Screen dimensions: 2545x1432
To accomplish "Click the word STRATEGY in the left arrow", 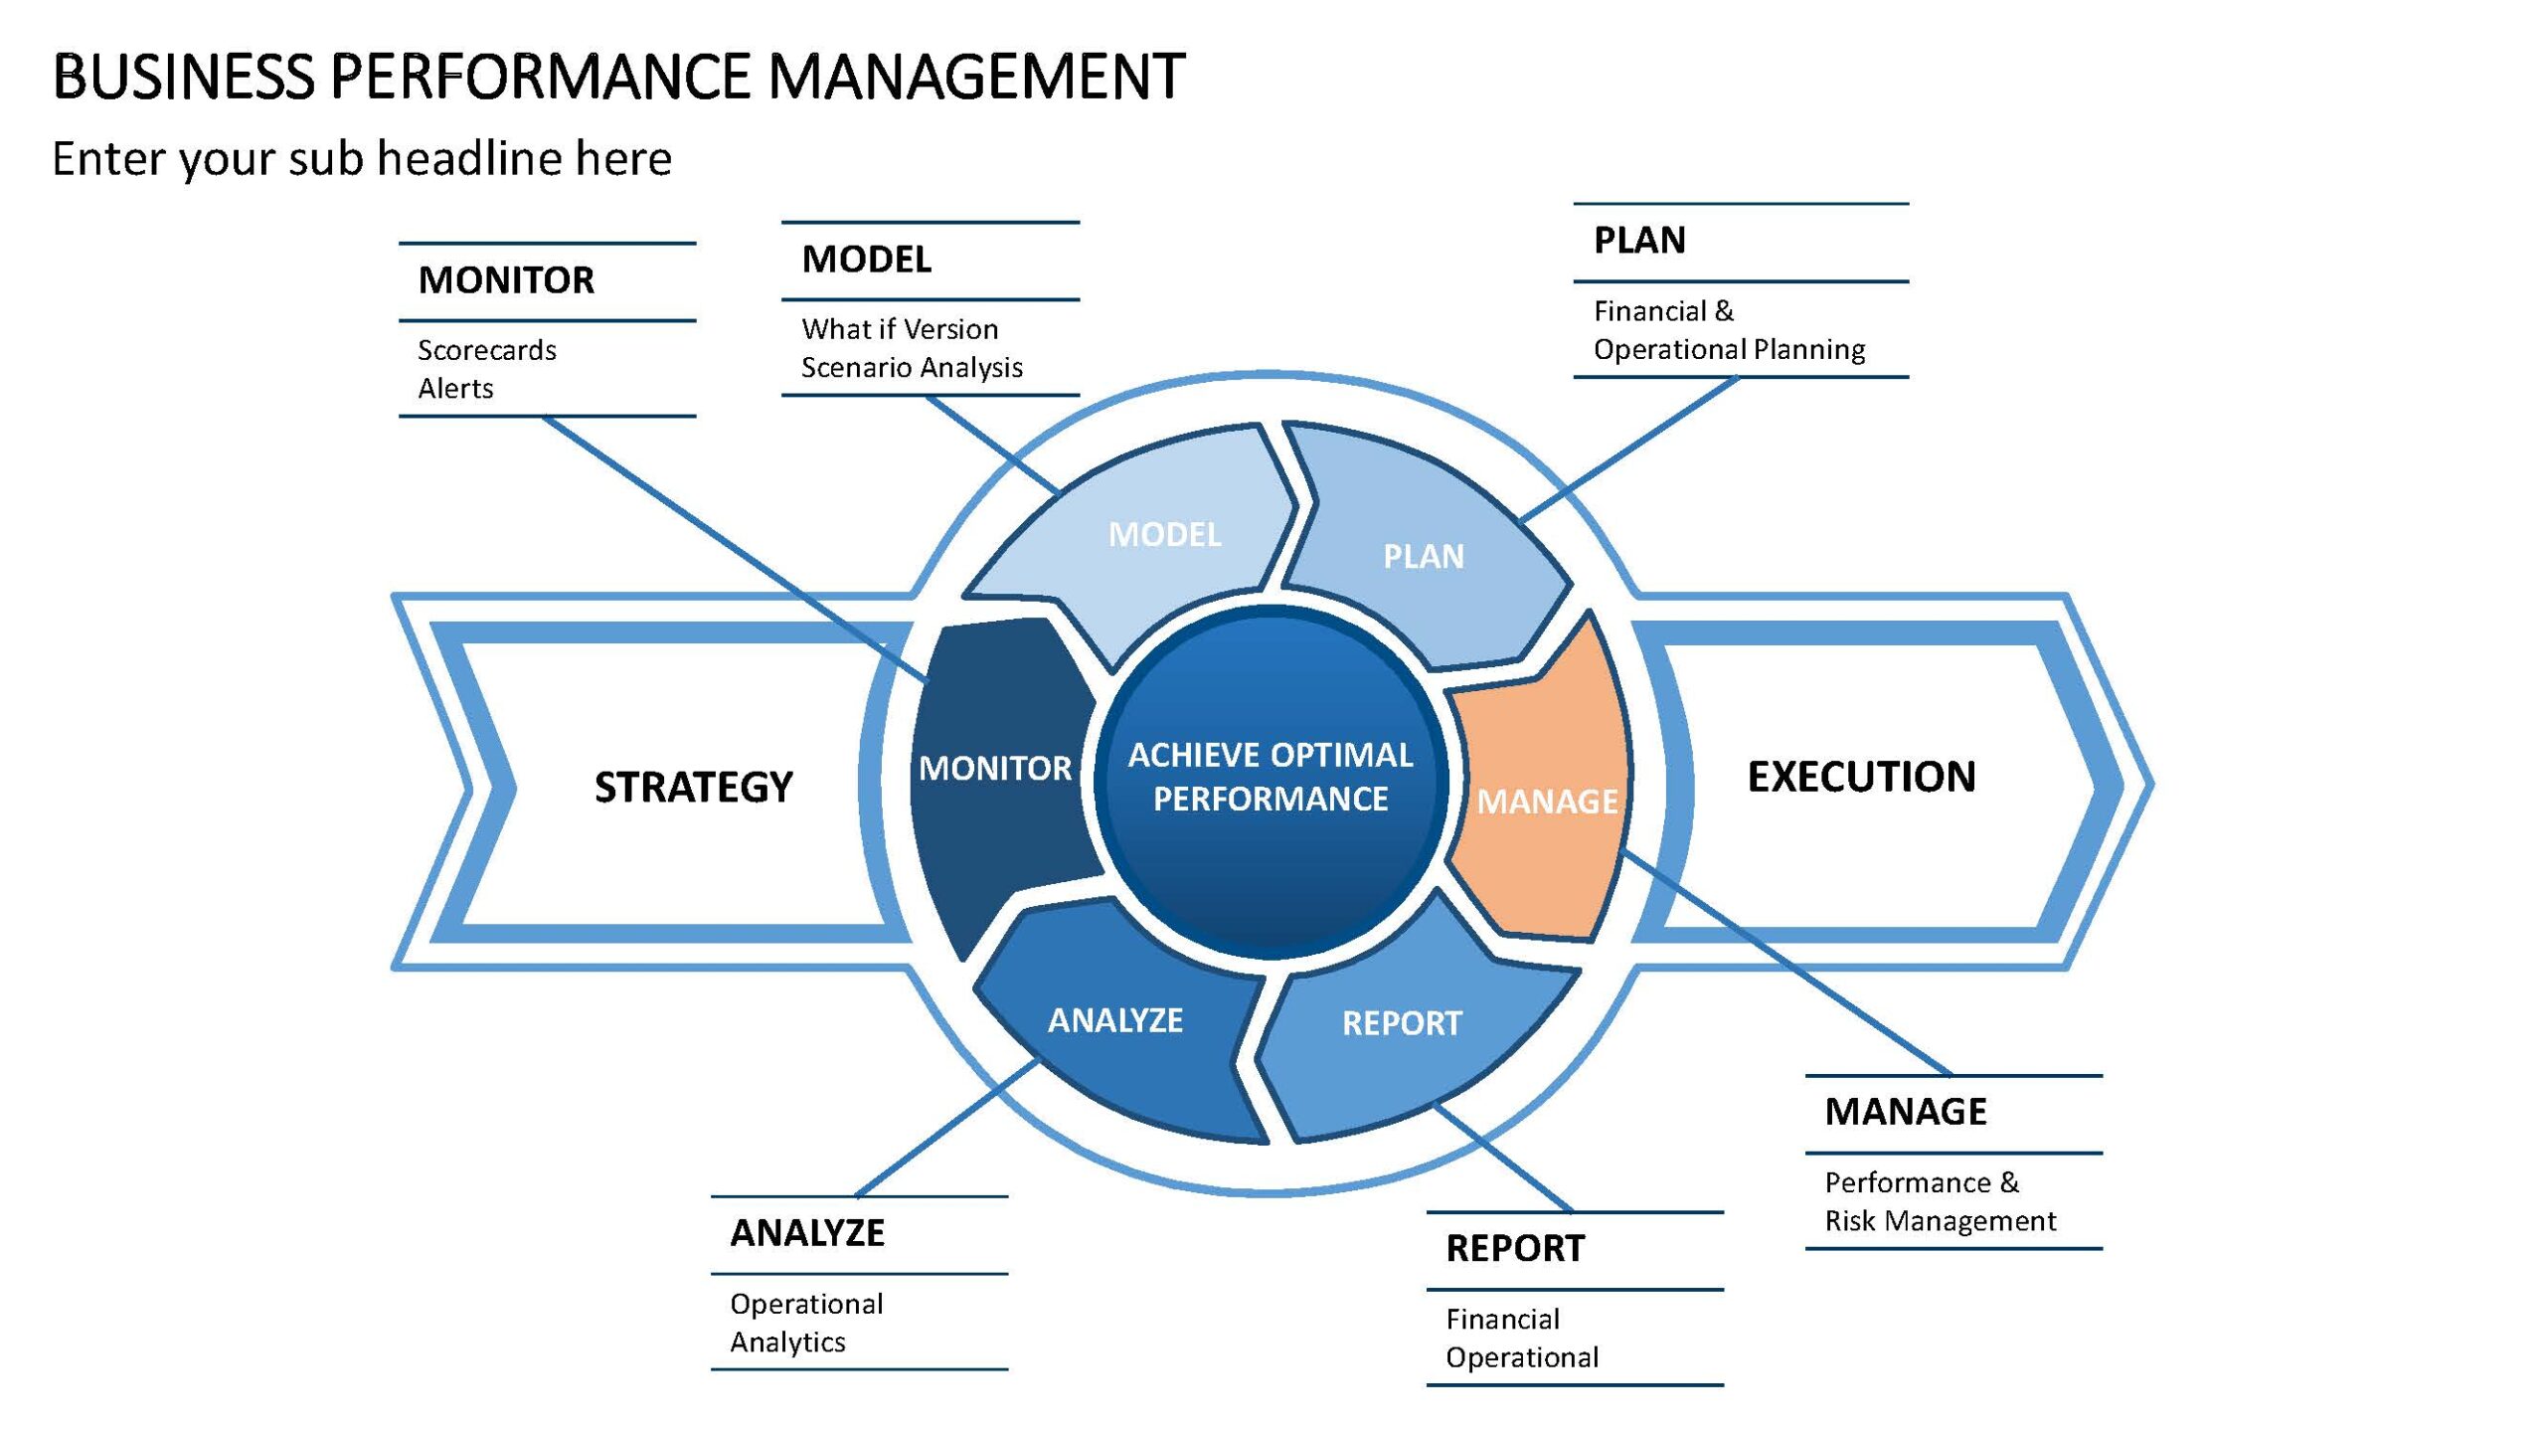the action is click(x=694, y=787).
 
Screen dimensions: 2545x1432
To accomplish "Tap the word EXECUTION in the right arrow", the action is click(x=1861, y=777).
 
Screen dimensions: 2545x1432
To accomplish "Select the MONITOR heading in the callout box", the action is click(x=506, y=280).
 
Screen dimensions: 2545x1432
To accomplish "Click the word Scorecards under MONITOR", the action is click(x=487, y=350).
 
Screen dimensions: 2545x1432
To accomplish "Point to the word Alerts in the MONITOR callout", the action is click(x=455, y=388).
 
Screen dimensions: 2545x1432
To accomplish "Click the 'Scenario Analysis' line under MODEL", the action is click(x=912, y=368).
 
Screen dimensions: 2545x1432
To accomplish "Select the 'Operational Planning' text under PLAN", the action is click(x=1730, y=350).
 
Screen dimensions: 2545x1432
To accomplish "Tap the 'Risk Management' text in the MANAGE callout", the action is click(x=1941, y=1221).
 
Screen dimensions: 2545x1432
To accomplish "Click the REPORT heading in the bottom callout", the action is click(x=1515, y=1248).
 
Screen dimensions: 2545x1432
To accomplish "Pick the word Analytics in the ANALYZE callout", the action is click(x=787, y=1342).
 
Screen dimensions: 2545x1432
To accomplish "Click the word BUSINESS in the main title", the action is click(x=183, y=77).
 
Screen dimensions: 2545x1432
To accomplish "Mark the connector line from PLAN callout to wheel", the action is click(x=1629, y=448).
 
